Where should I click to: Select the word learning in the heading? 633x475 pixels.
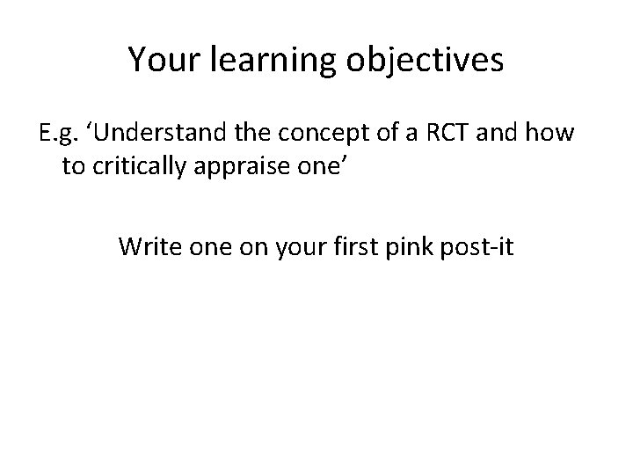262,62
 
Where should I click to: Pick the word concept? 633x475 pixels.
315,135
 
